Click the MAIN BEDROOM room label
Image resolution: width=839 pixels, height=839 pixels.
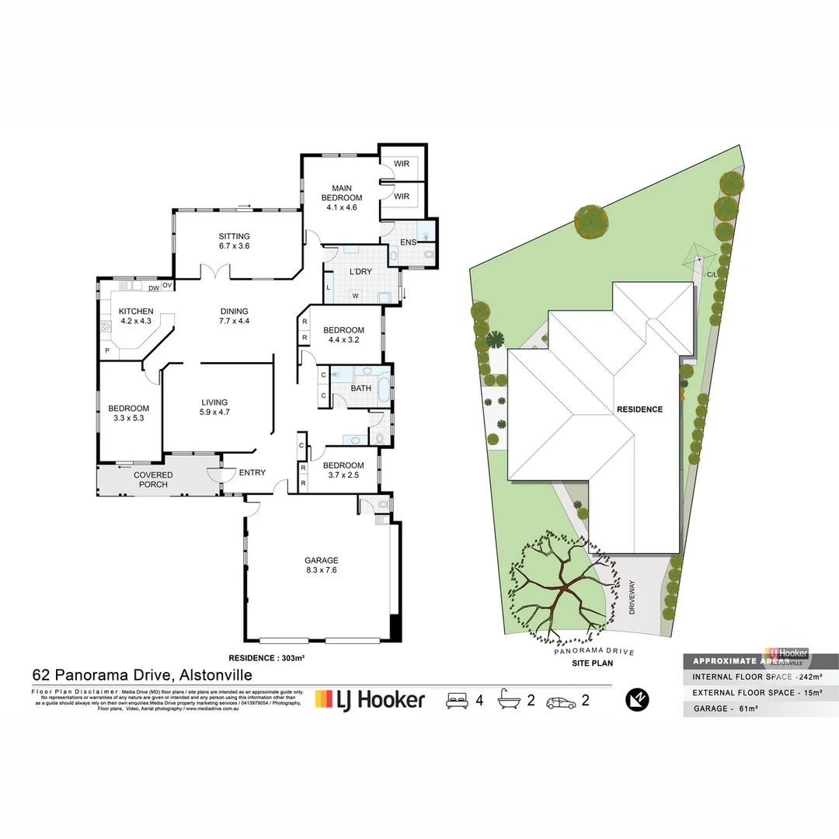click(342, 193)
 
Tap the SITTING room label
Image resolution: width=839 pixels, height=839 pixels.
click(234, 236)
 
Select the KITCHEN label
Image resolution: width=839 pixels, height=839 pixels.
click(136, 312)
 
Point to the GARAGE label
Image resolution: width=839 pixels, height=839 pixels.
click(321, 560)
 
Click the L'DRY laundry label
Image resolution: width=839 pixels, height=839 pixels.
click(360, 271)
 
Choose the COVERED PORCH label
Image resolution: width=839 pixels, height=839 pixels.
click(153, 479)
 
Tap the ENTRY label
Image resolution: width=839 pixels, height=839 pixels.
click(252, 472)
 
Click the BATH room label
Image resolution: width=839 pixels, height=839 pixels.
click(360, 388)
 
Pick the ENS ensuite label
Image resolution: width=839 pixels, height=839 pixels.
click(409, 242)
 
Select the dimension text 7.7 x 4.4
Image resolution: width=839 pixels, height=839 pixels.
click(234, 321)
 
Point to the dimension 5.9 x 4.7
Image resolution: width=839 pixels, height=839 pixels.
click(214, 413)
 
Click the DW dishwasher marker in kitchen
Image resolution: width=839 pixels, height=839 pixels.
click(153, 287)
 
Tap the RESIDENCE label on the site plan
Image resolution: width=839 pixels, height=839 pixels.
click(639, 409)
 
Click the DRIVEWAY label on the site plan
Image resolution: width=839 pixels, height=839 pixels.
click(632, 597)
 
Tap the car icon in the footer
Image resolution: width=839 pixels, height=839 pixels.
click(562, 701)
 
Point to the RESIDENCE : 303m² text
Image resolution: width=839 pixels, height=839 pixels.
click(266, 658)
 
